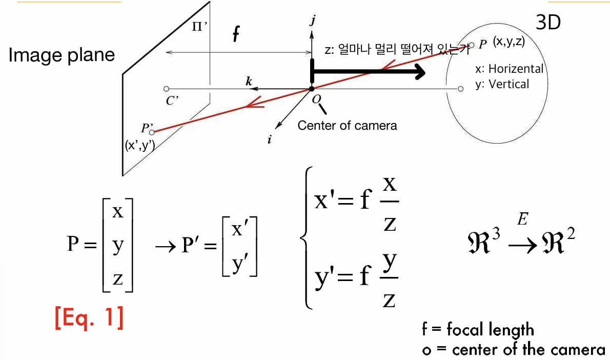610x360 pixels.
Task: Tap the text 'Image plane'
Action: click(x=62, y=55)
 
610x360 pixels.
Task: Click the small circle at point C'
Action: click(x=166, y=89)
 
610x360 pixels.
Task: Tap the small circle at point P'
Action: click(x=152, y=132)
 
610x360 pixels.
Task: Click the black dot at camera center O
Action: click(x=312, y=89)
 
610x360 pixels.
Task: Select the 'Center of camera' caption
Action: click(x=347, y=125)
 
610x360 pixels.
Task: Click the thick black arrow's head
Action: click(x=419, y=73)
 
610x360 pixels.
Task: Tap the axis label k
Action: click(x=249, y=81)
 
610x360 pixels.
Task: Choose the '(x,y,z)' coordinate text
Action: click(x=509, y=43)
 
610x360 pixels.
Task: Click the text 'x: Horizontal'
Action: click(x=509, y=69)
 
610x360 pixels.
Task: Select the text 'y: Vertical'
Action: click(x=502, y=84)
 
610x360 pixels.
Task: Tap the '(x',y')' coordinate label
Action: click(x=140, y=145)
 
